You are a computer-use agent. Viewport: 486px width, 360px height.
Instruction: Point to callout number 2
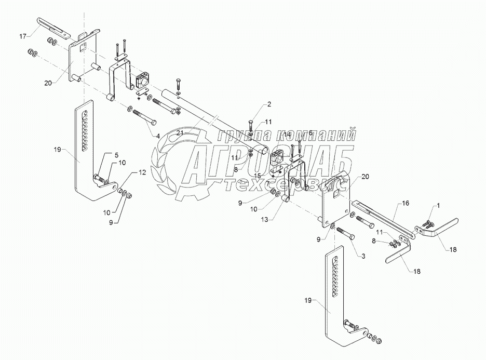pyautogui.click(x=269, y=105)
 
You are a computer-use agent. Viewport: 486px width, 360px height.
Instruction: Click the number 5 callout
pyautogui.click(x=116, y=155)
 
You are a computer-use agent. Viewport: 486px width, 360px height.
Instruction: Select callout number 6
pyautogui.click(x=310, y=134)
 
